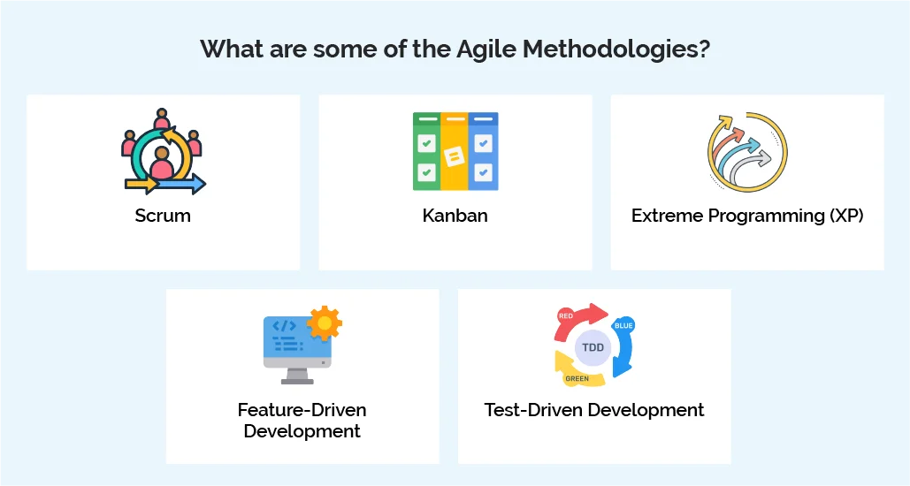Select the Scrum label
[x=163, y=215]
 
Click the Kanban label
[x=455, y=215]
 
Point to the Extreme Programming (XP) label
[x=746, y=215]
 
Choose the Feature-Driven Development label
[x=302, y=421]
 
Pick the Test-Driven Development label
[x=594, y=410]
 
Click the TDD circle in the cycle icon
[x=593, y=347]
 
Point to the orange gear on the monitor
[x=325, y=324]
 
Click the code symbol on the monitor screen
[x=283, y=326]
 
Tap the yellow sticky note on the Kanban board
[x=455, y=156]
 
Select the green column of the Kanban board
[x=426, y=152]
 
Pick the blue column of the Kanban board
[x=484, y=152]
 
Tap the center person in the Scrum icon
[x=162, y=162]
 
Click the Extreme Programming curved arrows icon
[x=747, y=151]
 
